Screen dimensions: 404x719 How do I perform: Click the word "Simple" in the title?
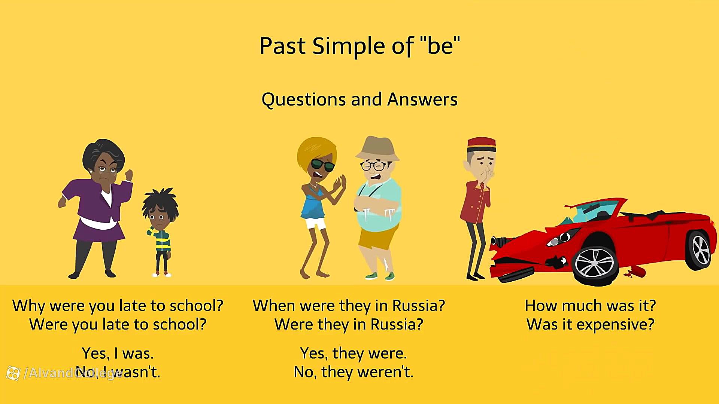tap(349, 46)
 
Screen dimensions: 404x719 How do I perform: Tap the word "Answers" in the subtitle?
tap(422, 100)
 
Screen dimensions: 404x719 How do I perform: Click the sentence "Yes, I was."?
tap(118, 353)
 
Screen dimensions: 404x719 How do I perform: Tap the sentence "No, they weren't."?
tap(353, 372)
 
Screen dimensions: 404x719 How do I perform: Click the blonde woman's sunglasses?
tap(322, 165)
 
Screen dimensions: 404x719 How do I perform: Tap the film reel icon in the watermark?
tap(13, 373)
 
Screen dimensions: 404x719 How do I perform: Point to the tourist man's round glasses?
tap(373, 165)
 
